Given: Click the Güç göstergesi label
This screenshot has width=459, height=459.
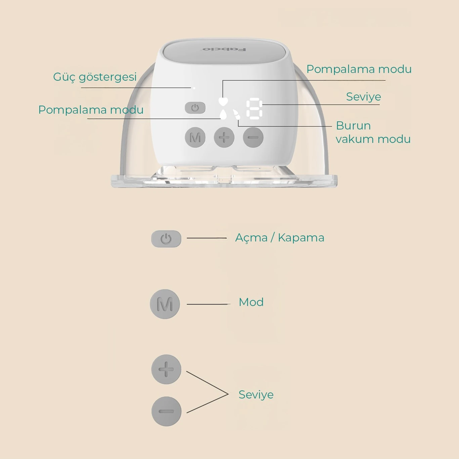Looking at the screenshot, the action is click(x=95, y=77).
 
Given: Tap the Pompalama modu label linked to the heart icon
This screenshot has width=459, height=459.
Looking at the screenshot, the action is click(x=359, y=69).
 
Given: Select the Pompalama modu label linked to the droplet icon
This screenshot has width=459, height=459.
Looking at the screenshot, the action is click(x=91, y=110).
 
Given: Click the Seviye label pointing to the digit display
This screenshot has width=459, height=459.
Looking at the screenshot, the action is click(x=364, y=97).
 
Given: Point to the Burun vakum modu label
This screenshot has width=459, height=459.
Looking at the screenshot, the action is click(x=373, y=132).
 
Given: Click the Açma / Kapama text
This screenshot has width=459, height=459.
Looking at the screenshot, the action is click(x=280, y=238).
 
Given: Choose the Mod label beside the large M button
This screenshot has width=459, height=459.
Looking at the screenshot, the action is click(x=251, y=302).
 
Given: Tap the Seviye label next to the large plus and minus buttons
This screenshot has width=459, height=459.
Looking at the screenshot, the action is click(x=256, y=395).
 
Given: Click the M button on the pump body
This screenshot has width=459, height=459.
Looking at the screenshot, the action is click(x=195, y=137).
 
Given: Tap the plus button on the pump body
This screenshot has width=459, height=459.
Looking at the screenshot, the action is click(x=224, y=137).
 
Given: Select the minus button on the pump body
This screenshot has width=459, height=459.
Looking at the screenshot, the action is click(x=253, y=137).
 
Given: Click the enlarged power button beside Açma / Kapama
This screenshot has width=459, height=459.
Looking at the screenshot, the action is click(x=166, y=239).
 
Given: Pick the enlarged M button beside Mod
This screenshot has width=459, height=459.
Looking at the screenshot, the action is click(x=165, y=304).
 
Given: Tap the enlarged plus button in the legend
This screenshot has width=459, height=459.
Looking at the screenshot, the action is click(x=166, y=369).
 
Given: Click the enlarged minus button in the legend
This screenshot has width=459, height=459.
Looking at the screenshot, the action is click(x=166, y=411).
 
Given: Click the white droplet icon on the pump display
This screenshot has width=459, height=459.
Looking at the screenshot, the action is click(x=223, y=114).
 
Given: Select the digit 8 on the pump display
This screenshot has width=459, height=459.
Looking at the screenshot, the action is click(x=254, y=109).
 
